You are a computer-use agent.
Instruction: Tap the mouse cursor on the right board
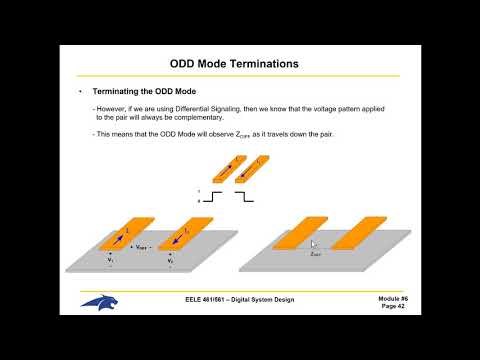tap(314, 243)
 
